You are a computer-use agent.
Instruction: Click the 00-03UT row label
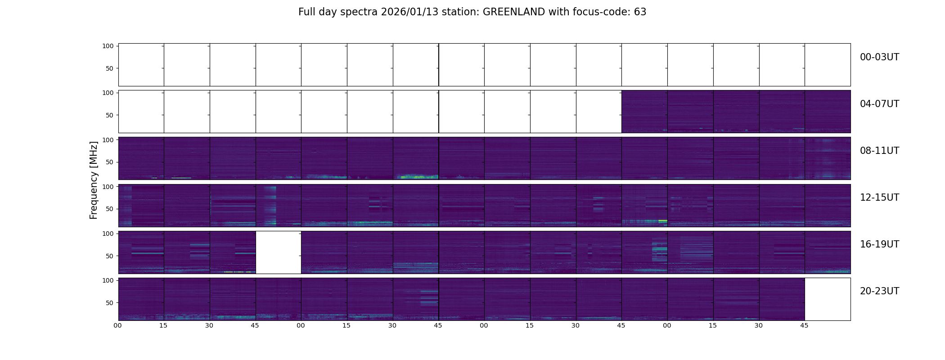tap(879, 57)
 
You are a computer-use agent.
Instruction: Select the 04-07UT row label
tap(879, 104)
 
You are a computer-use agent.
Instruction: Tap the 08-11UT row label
tap(879, 151)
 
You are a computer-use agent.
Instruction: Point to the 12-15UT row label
tap(879, 198)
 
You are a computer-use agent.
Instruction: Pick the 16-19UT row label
tap(879, 244)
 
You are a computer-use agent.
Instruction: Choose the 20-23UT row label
tap(879, 291)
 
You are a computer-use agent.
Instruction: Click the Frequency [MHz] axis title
tap(94, 180)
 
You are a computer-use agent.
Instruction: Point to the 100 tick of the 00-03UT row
tap(108, 46)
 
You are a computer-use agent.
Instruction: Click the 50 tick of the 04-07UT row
tap(109, 115)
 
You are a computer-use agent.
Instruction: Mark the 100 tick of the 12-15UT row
tap(108, 186)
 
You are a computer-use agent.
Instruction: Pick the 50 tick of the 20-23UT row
tap(109, 303)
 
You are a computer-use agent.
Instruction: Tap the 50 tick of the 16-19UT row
tap(109, 256)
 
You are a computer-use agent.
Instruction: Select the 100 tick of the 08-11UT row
tap(108, 139)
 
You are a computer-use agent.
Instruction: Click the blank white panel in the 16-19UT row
tap(278, 252)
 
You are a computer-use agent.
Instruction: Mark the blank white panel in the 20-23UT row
tap(827, 299)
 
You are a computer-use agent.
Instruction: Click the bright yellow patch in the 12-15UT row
tap(662, 221)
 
